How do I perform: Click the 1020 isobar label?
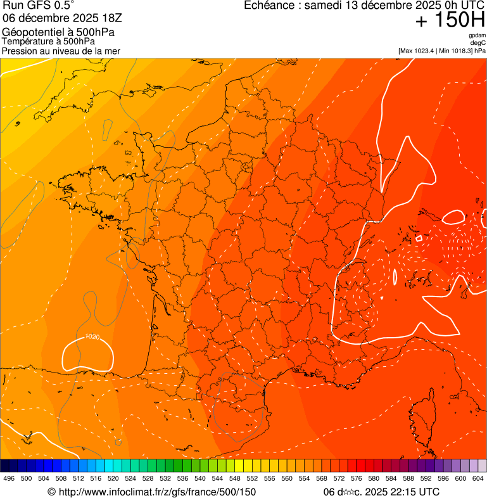coord(92,336)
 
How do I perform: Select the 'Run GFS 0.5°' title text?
coord(39,6)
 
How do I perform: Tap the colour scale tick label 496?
coord(9,478)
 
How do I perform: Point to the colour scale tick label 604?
coord(478,478)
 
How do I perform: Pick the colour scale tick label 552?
coord(252,478)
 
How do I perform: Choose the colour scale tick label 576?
coord(356,478)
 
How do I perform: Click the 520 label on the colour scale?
coord(113,478)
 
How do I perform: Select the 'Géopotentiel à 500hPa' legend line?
coord(59,32)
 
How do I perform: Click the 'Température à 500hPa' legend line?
coord(49,41)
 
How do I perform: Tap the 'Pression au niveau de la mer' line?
coord(61,51)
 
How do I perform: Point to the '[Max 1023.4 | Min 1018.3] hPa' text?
coord(441,50)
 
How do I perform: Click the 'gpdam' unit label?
coord(477,35)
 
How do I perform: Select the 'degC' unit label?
coord(478,42)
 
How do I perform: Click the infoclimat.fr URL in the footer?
coord(151,492)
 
